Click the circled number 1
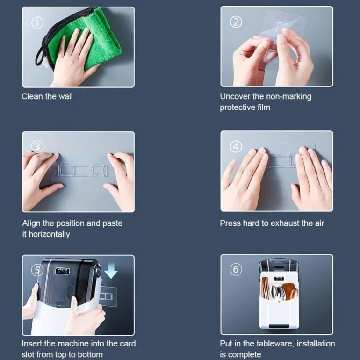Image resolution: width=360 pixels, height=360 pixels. click(x=37, y=23)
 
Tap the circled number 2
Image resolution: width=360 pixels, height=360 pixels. click(x=236, y=22)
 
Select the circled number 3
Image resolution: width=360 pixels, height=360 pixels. click(x=37, y=147)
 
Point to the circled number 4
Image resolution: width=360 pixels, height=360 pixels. click(x=236, y=146)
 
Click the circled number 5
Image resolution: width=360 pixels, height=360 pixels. click(x=37, y=270)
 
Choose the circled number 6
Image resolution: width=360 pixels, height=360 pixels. click(x=236, y=269)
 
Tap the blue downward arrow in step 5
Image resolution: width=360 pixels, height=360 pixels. click(x=111, y=271)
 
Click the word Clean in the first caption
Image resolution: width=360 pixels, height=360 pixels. click(x=32, y=96)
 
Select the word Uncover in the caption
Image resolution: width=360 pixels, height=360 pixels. click(x=235, y=96)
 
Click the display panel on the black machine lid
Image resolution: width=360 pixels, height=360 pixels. click(x=63, y=271)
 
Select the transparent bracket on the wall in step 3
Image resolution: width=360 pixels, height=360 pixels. click(x=83, y=170)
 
